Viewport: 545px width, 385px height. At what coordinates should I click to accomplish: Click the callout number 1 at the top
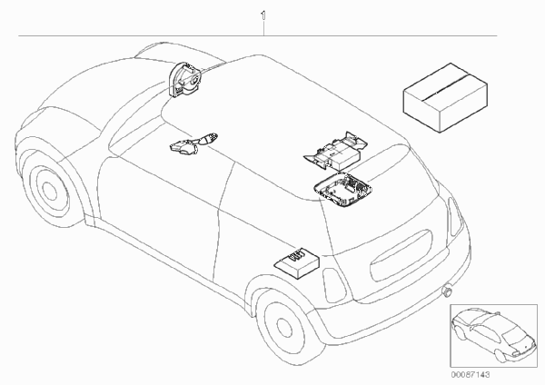(x=263, y=15)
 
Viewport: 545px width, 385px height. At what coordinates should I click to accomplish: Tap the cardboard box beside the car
(x=445, y=98)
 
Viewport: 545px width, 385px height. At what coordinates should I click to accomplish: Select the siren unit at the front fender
(x=185, y=79)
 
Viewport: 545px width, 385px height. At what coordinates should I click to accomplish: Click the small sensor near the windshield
(x=193, y=143)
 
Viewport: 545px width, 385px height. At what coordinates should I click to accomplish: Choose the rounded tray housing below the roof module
(x=342, y=189)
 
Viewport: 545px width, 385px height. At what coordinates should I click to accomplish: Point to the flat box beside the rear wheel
(x=296, y=263)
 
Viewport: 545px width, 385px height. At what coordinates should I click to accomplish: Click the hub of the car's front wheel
(x=49, y=190)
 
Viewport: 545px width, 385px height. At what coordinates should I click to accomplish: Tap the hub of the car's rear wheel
(x=285, y=327)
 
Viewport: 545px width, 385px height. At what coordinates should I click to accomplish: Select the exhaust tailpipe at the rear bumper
(x=447, y=291)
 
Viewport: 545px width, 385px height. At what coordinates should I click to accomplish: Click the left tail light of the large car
(x=334, y=286)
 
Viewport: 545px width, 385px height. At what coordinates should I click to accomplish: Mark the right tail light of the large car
(x=455, y=216)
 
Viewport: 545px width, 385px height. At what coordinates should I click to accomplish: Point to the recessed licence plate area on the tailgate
(x=401, y=254)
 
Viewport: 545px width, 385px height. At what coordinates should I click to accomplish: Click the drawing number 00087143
(x=471, y=375)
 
